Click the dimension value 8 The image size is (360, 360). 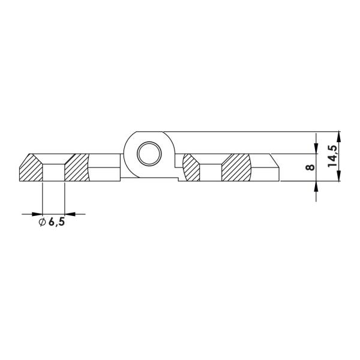point(310,167)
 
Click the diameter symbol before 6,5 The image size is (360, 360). point(41,223)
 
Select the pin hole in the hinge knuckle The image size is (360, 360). point(148,154)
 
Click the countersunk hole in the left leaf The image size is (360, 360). point(53,171)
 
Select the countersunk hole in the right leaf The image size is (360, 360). point(211,171)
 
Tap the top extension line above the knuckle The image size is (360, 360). point(240,131)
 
